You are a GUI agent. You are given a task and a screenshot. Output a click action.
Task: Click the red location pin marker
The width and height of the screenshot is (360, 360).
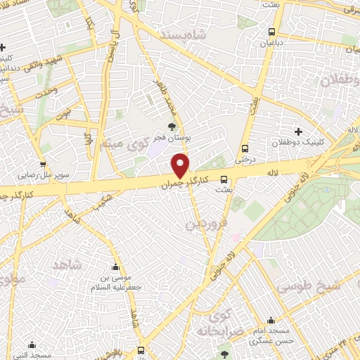click(181, 165)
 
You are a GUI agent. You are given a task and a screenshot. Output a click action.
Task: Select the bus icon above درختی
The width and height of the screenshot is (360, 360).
click(245, 148)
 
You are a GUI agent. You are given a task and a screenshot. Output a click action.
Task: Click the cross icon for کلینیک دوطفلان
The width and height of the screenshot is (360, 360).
click(299, 131)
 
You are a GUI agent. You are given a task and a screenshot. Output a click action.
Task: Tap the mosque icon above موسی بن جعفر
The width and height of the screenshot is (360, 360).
click(117, 267)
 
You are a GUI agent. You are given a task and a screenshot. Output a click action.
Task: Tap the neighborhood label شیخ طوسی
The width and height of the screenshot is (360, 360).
click(308, 287)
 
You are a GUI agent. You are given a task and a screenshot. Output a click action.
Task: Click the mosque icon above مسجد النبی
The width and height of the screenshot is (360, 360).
click(32, 345)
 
